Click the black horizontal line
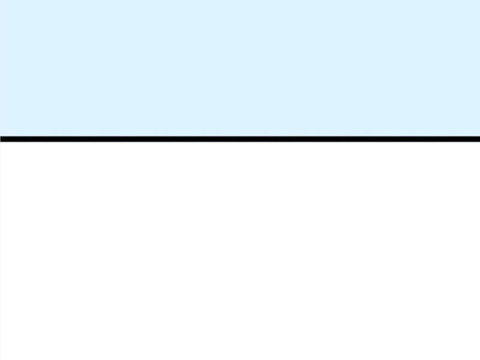click(240, 139)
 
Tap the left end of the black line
click(1, 139)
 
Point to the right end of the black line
click(479, 139)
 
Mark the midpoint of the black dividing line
click(240, 139)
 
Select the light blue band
click(240, 68)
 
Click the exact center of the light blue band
click(240, 68)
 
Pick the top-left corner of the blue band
click(1, 1)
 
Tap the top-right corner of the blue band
click(479, 1)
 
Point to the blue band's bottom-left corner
click(1, 135)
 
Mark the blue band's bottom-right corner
click(479, 135)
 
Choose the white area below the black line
click(240, 251)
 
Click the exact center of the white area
click(240, 251)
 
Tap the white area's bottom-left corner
click(1, 359)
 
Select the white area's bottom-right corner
click(479, 359)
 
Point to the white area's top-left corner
click(1, 143)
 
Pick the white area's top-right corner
click(479, 143)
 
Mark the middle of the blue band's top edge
click(240, 1)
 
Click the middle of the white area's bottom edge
click(240, 359)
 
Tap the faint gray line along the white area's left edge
click(0, 251)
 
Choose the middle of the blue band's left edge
click(1, 68)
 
